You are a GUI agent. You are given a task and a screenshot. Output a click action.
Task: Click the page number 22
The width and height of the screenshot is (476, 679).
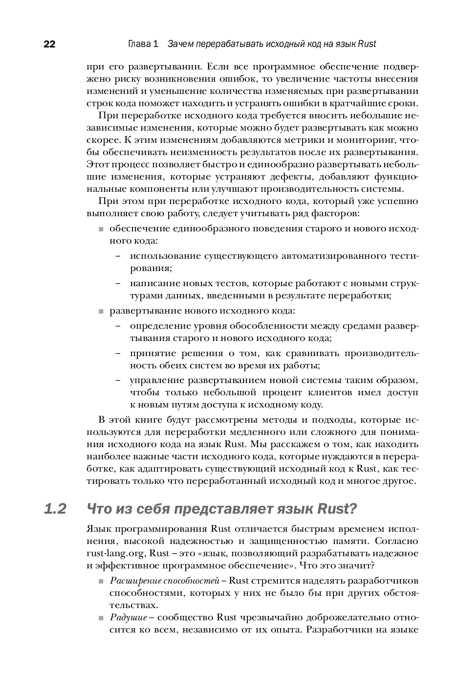coord(49,45)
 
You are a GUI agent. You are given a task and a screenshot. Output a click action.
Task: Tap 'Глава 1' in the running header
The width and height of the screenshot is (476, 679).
coord(143,44)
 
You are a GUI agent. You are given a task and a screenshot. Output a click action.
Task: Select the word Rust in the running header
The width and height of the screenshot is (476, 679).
coord(367,44)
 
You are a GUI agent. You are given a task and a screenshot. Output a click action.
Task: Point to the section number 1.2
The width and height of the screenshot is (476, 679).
coord(55,509)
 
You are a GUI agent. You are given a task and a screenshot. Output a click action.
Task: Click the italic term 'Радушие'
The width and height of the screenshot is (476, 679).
coord(128,617)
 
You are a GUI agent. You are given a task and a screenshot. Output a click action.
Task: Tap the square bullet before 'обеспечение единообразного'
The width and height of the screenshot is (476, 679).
coord(101,229)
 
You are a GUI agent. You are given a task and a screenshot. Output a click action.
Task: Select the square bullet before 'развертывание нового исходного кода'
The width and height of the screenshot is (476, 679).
coord(101,311)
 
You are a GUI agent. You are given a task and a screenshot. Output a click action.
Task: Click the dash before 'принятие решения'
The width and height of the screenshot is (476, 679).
coord(118,353)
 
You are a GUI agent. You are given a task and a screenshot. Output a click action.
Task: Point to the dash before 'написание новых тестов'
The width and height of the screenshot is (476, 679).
coord(118,283)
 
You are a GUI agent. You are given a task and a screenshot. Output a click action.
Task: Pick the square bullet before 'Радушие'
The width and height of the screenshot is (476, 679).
coord(101,618)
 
